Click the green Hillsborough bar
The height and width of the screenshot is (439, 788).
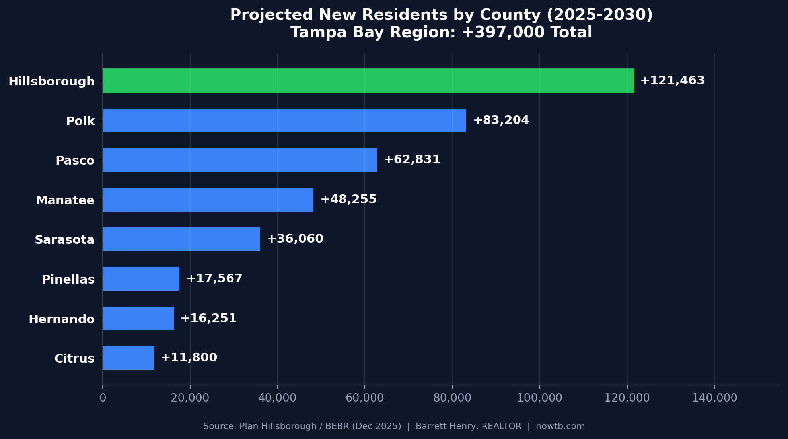click(368, 81)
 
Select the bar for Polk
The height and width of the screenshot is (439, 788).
click(284, 120)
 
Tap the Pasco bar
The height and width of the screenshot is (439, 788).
click(240, 160)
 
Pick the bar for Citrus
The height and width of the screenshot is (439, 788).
click(128, 358)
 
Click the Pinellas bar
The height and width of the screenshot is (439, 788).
click(141, 279)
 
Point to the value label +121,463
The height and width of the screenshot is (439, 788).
click(672, 81)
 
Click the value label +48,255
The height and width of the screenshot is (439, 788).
click(348, 200)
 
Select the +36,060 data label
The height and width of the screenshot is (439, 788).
click(295, 239)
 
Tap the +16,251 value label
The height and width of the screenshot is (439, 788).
click(208, 319)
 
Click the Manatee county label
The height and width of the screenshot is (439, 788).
click(65, 200)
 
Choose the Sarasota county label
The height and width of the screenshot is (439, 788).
click(64, 240)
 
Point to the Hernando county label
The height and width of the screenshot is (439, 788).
click(62, 319)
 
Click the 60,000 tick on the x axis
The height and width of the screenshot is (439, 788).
click(365, 398)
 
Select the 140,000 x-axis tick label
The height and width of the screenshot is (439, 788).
click(714, 398)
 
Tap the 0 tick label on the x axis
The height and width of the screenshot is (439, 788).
click(103, 398)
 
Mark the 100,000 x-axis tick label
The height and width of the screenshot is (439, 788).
click(539, 398)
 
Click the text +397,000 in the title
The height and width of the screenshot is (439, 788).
click(503, 33)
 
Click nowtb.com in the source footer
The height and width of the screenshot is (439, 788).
click(560, 427)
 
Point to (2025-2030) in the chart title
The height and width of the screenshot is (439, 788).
click(600, 15)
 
